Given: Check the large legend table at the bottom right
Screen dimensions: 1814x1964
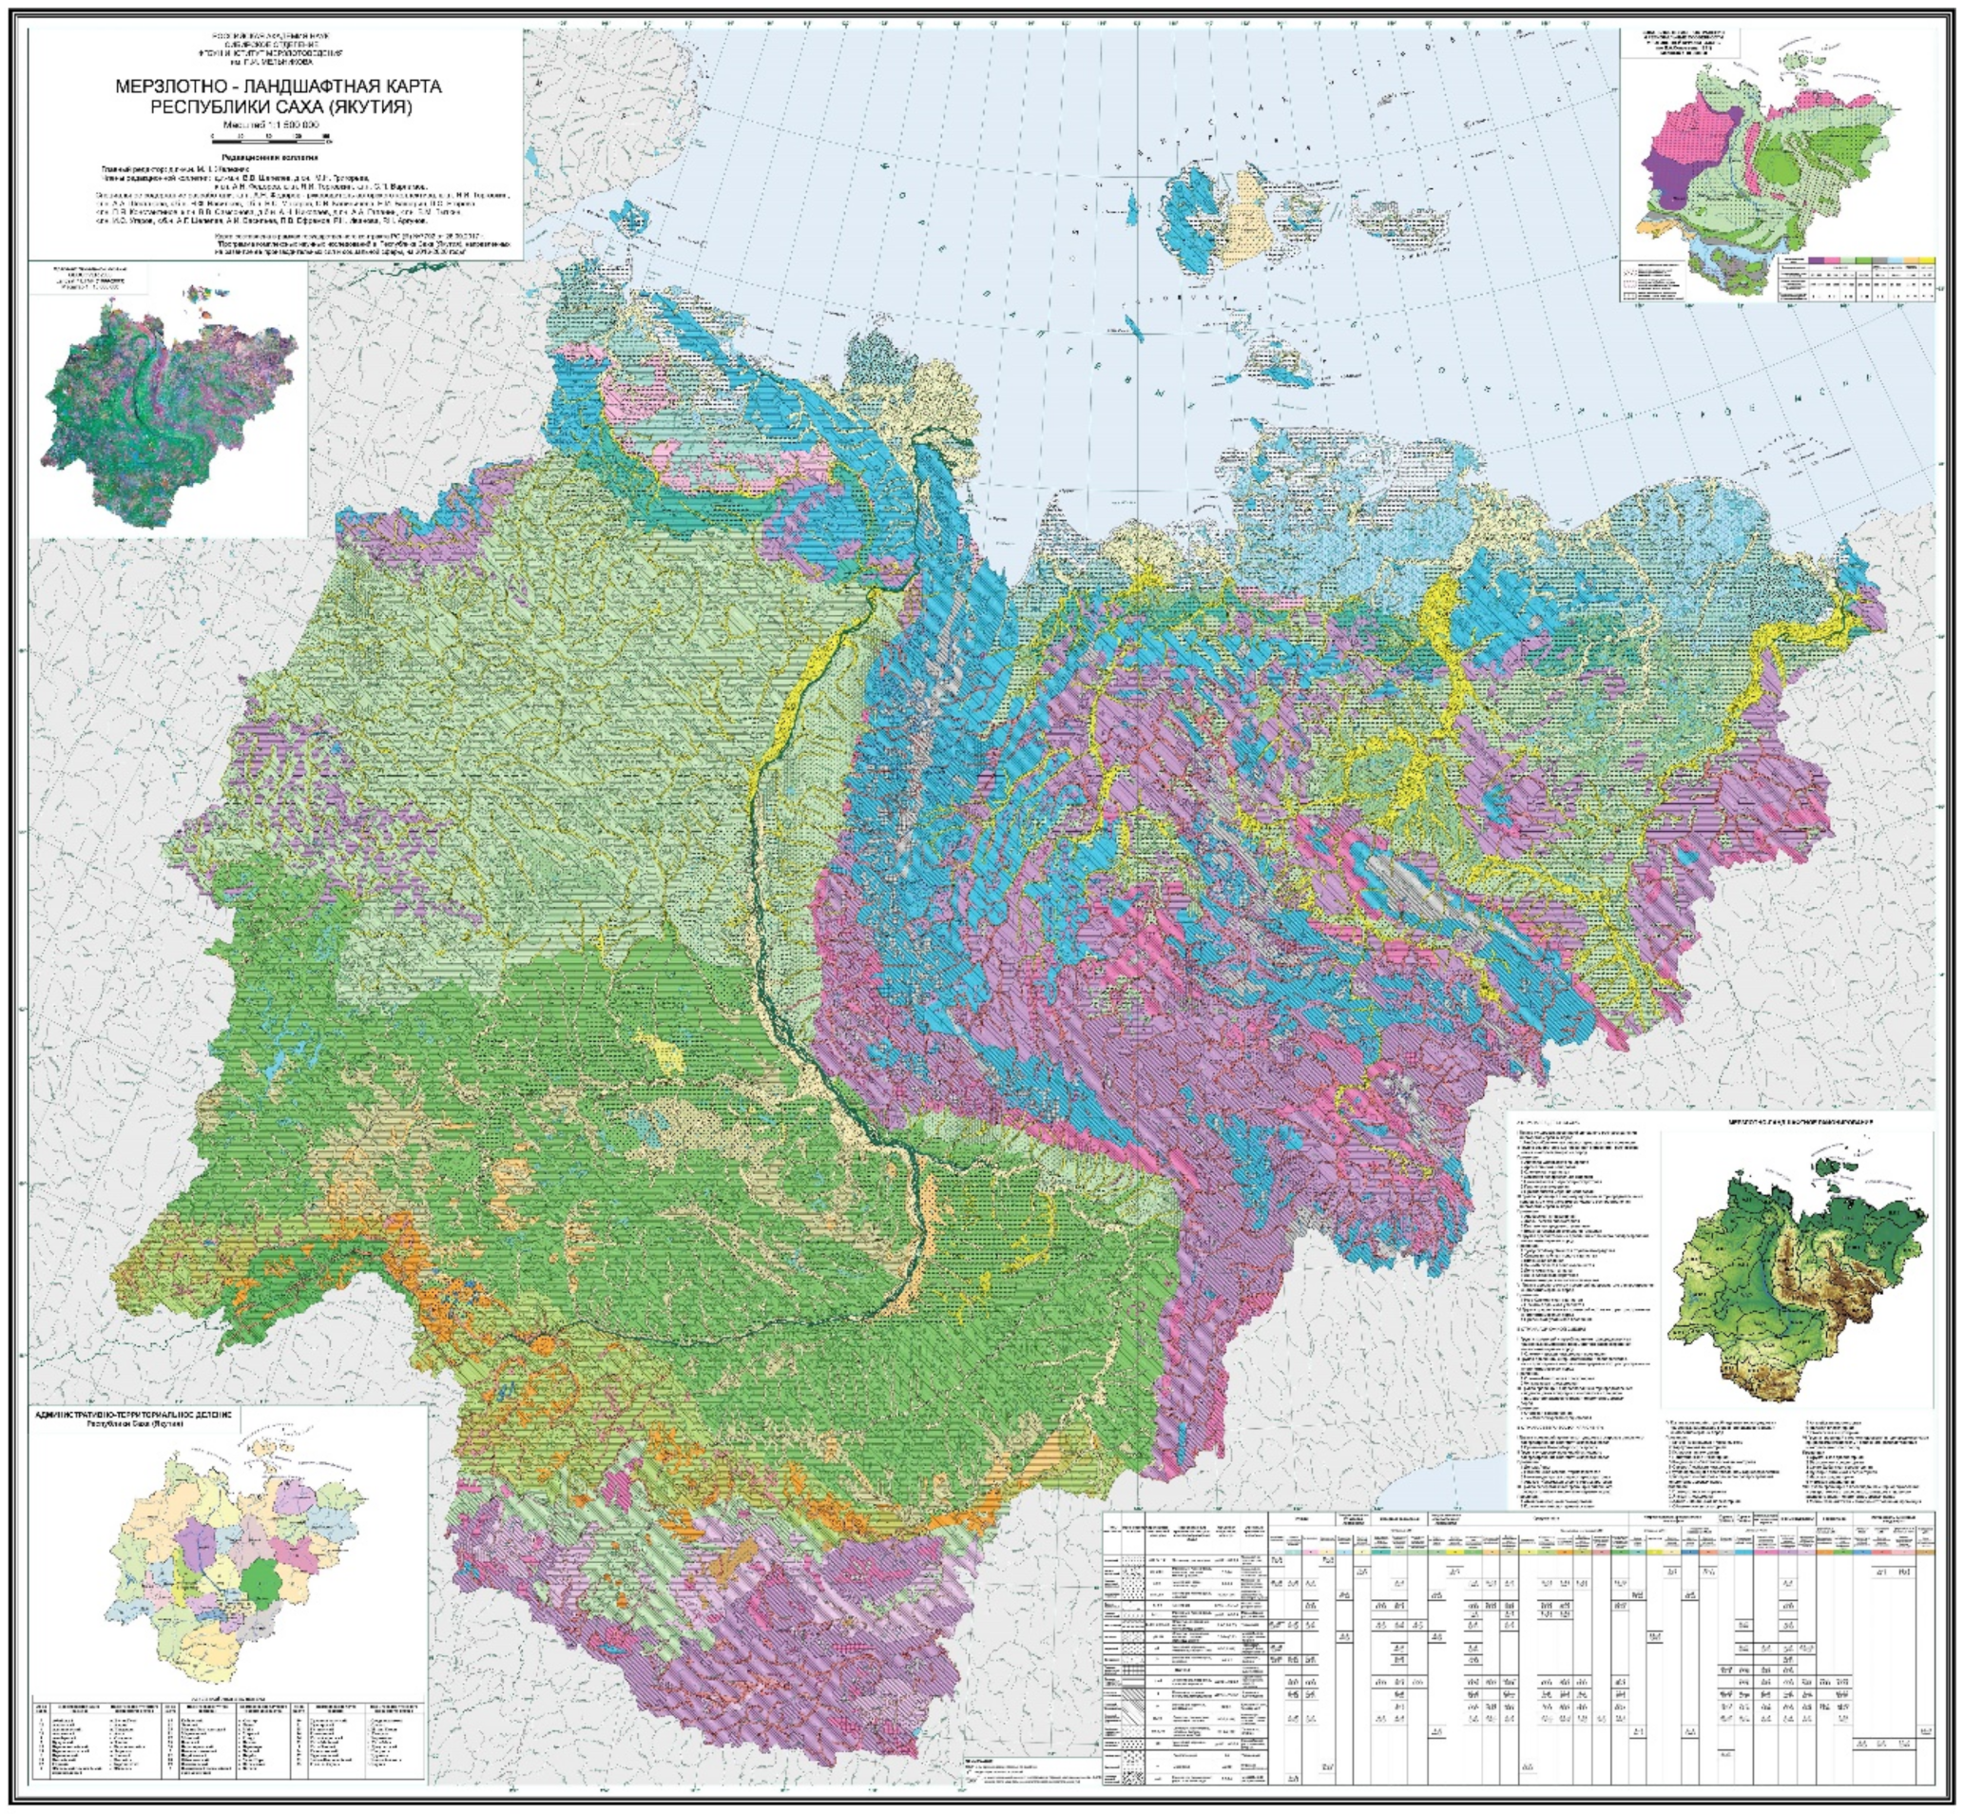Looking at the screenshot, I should [1521, 1659].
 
